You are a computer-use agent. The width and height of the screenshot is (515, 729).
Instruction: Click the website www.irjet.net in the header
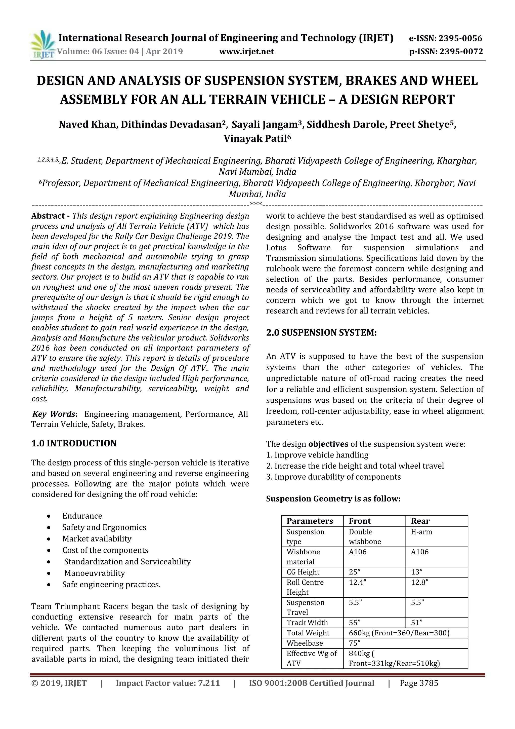coord(246,51)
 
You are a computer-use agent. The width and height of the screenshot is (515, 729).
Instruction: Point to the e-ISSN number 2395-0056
coord(460,39)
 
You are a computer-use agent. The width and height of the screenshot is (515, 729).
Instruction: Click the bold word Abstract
coord(48,216)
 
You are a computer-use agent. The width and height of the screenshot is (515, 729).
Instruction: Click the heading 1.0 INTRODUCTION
coord(74,444)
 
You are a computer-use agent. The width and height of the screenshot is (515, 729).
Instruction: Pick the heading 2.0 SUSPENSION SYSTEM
coord(321,333)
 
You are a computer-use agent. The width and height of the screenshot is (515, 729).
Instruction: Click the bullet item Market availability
coord(97,539)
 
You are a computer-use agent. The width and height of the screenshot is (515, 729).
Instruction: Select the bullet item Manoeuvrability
coord(95,573)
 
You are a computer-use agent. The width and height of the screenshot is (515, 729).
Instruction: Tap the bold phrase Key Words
coord(54,414)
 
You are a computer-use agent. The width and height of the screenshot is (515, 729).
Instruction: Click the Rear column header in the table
coord(420,521)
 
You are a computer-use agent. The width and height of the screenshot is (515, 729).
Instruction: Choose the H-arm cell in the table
coord(421,532)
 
